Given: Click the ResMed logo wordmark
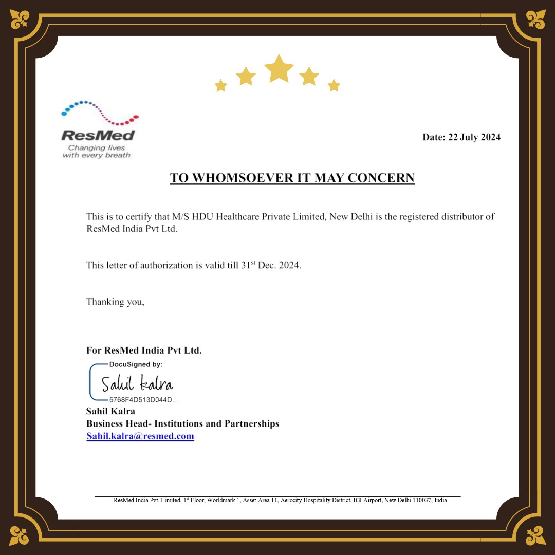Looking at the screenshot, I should click(x=98, y=136).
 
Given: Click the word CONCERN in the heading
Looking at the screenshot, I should click(x=381, y=178).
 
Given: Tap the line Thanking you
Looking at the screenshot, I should click(x=115, y=302).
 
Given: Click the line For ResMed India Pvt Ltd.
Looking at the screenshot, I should click(x=144, y=351).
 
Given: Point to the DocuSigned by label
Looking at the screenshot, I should click(x=136, y=364).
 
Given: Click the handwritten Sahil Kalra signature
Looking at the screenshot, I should click(x=137, y=384).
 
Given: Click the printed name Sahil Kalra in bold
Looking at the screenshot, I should click(x=110, y=411).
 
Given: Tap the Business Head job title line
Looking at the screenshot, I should click(x=182, y=424).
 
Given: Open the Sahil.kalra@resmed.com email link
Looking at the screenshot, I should click(x=140, y=436).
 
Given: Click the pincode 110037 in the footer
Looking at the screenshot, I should click(x=421, y=500).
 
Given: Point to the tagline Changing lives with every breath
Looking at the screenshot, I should click(x=97, y=152).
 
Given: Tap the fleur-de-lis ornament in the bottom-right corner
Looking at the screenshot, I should click(x=535, y=535).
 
